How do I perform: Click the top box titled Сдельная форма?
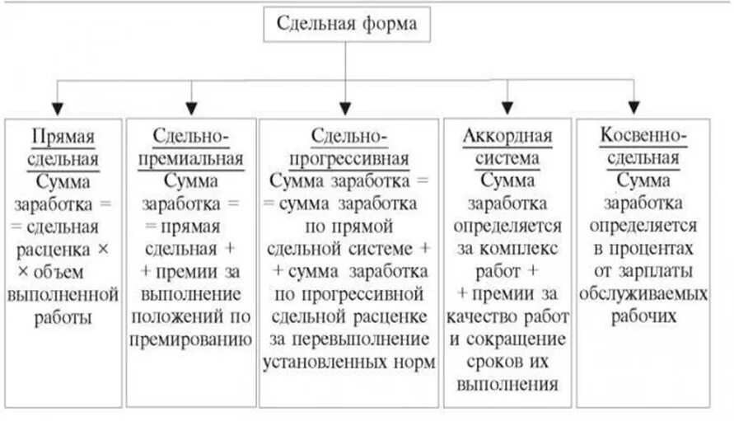point(346,25)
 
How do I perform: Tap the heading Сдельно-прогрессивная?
point(348,147)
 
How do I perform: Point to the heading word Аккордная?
point(507,135)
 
